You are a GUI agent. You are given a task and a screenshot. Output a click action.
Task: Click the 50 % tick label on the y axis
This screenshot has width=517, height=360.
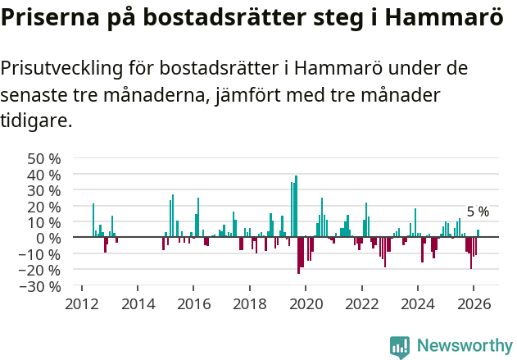coord(44,158)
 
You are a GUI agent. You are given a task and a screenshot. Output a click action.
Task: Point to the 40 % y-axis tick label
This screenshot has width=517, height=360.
coord(44,175)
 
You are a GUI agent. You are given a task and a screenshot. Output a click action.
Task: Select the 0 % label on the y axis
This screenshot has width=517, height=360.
coord(49,238)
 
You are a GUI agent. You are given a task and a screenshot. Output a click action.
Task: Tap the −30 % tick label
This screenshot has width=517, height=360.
coord(41,286)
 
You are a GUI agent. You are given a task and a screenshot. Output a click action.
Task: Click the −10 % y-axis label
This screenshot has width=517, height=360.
coord(41,254)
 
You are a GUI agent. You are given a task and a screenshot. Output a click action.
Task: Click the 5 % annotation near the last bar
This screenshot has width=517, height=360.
coord(478,212)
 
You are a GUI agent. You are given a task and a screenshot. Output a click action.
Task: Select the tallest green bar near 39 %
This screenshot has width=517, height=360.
coord(296,205)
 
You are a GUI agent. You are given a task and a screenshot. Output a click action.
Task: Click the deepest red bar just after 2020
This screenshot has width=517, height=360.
coord(298,255)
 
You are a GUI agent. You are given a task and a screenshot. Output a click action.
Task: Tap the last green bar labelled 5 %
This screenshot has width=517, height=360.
coord(478,234)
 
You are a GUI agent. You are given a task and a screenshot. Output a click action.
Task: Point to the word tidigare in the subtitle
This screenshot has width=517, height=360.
coord(36,121)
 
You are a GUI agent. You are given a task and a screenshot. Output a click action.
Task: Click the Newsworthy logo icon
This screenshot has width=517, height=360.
coord(400,346)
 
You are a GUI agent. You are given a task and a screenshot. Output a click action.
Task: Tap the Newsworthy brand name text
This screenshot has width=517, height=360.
coord(465,346)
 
